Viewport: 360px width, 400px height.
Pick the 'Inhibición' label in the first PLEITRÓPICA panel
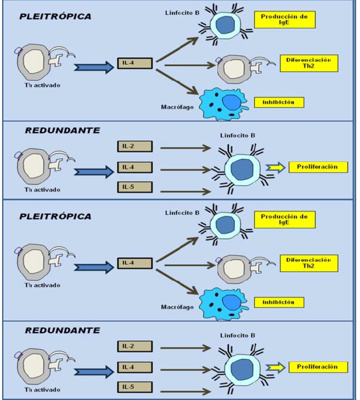[278, 102]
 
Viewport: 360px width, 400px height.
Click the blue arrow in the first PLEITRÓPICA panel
[94, 67]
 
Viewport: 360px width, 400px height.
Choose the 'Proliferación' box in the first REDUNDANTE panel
[318, 167]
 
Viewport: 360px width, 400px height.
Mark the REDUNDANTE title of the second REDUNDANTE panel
[63, 330]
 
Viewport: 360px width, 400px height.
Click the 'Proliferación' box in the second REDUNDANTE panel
[318, 367]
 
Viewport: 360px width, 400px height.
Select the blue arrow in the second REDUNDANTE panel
[94, 371]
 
